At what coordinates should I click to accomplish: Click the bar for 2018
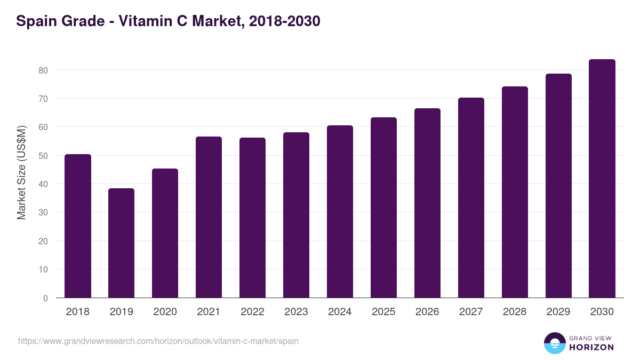pyautogui.click(x=78, y=226)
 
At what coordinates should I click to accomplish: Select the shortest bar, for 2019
pyautogui.click(x=122, y=243)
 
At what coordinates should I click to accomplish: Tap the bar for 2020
pyautogui.click(x=165, y=233)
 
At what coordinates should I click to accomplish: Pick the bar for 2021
pyautogui.click(x=209, y=217)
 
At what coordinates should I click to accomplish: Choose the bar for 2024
pyautogui.click(x=340, y=212)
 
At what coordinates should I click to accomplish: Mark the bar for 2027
pyautogui.click(x=471, y=198)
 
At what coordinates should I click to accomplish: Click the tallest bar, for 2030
pyautogui.click(x=603, y=179)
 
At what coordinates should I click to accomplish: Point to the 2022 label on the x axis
pyautogui.click(x=253, y=312)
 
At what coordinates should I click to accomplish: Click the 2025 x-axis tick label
pyautogui.click(x=384, y=312)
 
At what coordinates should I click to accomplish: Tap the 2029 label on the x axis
pyautogui.click(x=559, y=312)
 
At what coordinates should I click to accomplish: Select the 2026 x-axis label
pyautogui.click(x=428, y=312)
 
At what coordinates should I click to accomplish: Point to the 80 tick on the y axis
pyautogui.click(x=43, y=70)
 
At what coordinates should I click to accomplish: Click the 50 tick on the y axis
pyautogui.click(x=43, y=156)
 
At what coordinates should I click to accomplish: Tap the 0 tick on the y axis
pyautogui.click(x=46, y=298)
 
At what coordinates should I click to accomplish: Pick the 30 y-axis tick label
pyautogui.click(x=43, y=213)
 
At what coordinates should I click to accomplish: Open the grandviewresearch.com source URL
pyautogui.click(x=158, y=341)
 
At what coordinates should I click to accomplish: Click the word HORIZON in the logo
pyautogui.click(x=591, y=347)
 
